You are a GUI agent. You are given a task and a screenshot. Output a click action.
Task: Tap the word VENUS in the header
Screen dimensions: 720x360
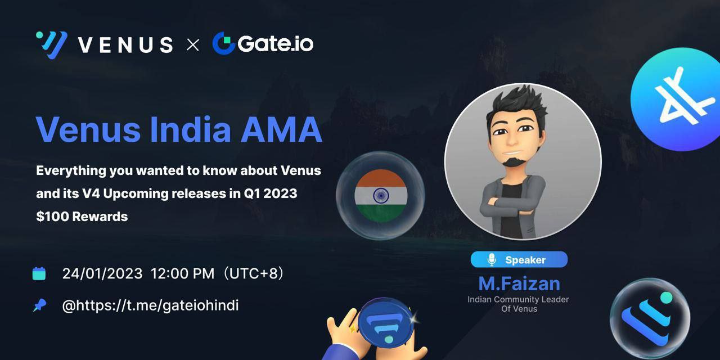point(125,44)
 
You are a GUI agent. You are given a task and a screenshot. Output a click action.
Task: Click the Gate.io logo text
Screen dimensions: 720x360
point(275,44)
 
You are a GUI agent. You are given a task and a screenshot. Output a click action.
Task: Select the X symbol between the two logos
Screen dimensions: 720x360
point(192,44)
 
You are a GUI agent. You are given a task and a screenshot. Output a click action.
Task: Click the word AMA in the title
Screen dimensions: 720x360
point(281,129)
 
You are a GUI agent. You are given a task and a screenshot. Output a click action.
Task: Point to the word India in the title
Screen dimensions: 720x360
point(191,129)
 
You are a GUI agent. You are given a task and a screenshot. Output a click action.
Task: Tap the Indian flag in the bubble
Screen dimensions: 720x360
point(381,195)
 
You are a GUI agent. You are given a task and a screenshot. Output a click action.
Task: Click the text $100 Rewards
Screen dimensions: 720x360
point(82,217)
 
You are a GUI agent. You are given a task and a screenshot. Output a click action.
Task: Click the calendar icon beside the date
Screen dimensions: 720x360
point(39,273)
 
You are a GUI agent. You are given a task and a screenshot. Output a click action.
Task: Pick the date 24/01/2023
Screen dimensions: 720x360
point(102,274)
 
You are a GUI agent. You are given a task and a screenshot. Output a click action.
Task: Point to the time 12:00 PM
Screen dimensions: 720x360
point(182,274)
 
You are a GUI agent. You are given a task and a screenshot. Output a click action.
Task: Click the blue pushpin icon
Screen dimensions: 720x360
point(39,305)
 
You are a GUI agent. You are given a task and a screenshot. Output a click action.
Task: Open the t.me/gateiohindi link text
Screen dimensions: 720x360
point(150,305)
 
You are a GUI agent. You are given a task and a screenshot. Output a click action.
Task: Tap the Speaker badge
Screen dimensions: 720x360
point(519,259)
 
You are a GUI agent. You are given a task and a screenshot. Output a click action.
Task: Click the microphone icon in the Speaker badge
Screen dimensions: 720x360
point(492,260)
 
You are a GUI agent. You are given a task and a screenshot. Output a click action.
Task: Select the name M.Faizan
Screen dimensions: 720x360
point(519,283)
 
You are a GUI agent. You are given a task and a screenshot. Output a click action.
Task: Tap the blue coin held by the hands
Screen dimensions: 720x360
point(386,323)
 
